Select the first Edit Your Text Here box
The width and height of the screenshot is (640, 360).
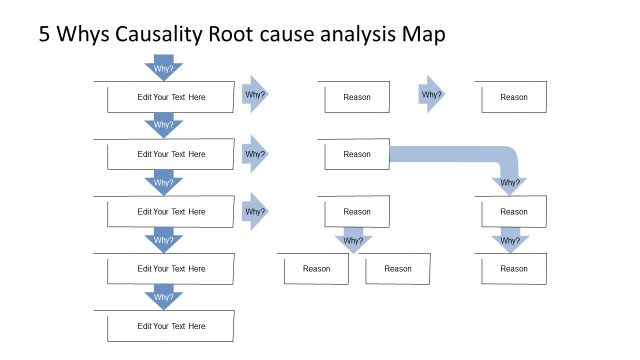click(x=171, y=98)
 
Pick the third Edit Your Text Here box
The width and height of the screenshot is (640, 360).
click(x=171, y=212)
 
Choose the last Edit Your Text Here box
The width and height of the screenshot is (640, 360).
click(x=171, y=326)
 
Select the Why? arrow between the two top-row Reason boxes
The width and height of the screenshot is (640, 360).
click(x=432, y=95)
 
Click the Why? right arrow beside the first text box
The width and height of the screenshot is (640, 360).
click(x=255, y=96)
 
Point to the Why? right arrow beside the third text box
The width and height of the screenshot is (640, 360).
click(x=255, y=211)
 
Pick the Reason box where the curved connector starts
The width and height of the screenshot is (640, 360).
click(x=357, y=154)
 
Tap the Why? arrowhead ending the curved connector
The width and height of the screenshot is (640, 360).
click(x=510, y=183)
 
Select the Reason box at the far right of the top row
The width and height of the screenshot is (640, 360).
click(x=514, y=97)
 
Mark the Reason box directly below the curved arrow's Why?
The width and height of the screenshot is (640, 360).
click(x=514, y=212)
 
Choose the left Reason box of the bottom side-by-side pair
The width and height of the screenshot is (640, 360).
click(x=316, y=269)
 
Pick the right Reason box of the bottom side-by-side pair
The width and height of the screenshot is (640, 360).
click(x=398, y=269)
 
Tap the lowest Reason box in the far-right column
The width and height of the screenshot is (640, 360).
click(x=514, y=269)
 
